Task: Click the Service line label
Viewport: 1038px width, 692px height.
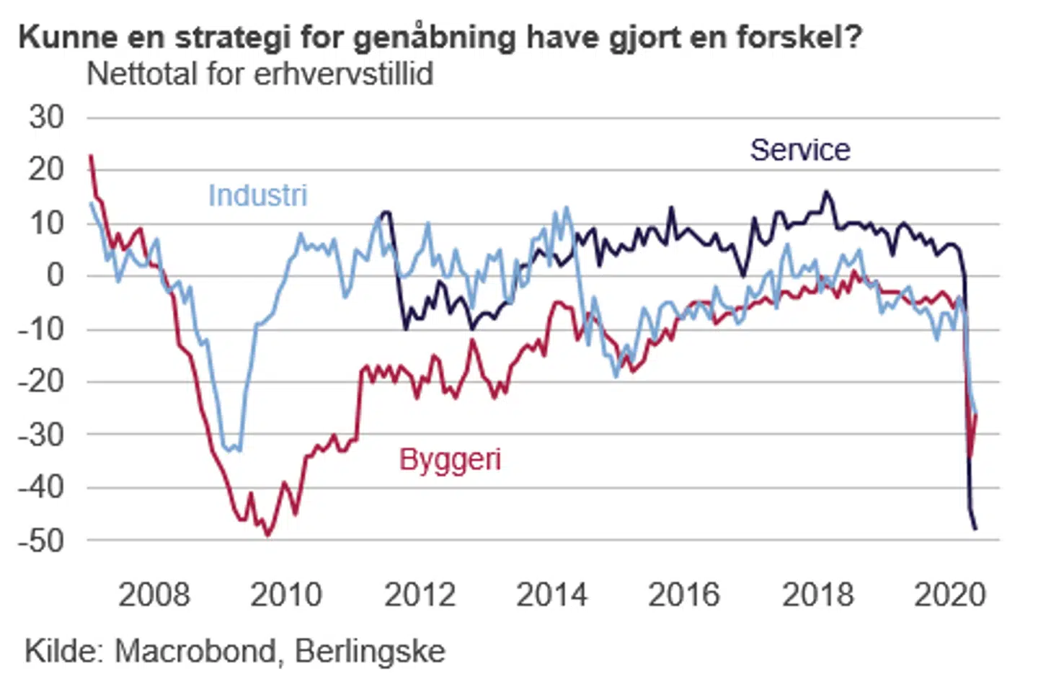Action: click(799, 150)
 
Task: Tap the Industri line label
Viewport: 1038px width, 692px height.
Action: click(257, 195)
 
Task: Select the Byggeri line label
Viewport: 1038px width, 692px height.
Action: click(450, 459)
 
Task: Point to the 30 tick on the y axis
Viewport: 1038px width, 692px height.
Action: click(47, 117)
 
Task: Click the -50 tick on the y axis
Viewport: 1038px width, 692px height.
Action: click(42, 540)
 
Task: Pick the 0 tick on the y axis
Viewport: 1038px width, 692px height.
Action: click(55, 275)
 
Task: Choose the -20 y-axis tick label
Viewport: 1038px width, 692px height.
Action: click(42, 381)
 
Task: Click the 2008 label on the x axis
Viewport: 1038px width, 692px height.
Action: click(154, 595)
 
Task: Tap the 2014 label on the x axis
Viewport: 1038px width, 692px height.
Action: click(551, 595)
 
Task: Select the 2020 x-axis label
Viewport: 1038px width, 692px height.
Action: click(949, 595)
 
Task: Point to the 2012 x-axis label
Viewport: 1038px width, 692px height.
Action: click(420, 595)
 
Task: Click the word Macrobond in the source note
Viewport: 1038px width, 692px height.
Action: click(195, 651)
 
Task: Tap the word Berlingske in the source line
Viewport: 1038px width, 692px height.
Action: click(370, 651)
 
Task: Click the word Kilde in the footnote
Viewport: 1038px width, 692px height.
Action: click(63, 651)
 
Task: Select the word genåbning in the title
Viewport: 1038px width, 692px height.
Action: click(434, 37)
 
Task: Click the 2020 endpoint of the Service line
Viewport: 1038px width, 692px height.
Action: click(976, 530)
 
